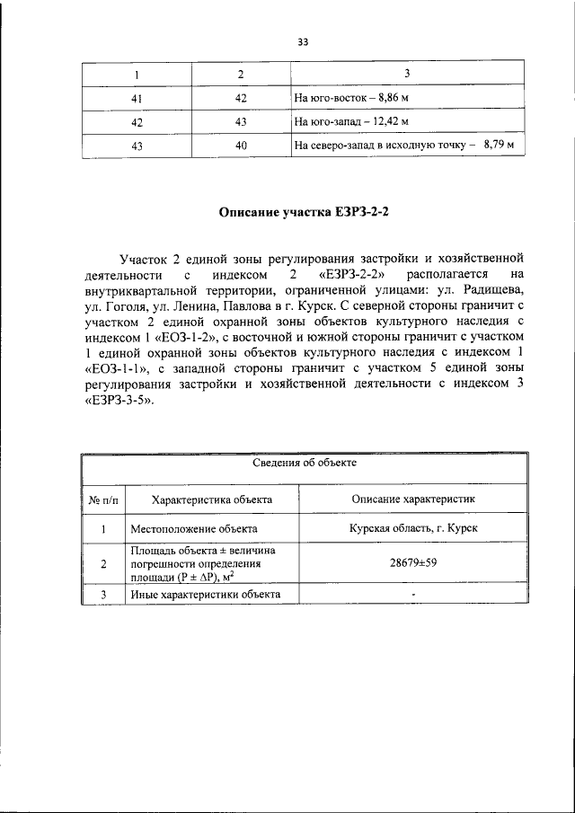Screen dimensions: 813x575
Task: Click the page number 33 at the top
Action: point(302,40)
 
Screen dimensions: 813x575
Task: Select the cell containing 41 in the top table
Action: point(137,97)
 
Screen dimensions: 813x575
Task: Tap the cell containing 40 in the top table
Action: point(241,145)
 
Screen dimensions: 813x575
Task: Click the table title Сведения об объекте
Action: point(303,464)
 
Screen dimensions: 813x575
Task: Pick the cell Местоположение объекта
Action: point(194,529)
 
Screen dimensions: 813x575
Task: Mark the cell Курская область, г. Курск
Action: point(413,529)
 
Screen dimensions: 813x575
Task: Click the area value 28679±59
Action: point(413,563)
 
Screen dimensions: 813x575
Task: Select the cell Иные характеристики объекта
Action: point(206,595)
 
